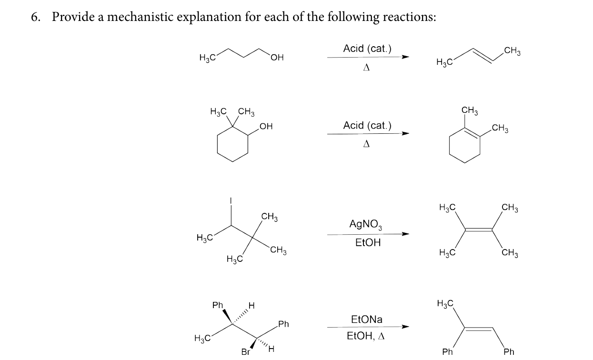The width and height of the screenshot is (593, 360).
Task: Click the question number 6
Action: [35, 17]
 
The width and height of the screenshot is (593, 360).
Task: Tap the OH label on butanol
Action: [277, 58]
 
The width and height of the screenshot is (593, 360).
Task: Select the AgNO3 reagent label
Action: [366, 224]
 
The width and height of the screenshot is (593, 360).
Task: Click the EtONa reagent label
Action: [367, 320]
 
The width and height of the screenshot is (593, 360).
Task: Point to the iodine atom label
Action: [231, 200]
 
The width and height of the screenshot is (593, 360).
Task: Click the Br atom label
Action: [246, 352]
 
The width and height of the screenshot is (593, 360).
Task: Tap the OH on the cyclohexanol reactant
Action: [266, 126]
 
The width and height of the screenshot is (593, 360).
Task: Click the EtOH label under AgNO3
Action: [368, 242]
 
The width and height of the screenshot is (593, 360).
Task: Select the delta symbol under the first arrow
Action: [366, 68]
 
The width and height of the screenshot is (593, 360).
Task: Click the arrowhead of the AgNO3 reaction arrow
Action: [405, 234]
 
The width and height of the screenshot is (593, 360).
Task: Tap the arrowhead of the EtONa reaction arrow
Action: [405, 327]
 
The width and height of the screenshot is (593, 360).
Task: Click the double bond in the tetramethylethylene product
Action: [479, 230]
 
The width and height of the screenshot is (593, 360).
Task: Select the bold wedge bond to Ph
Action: [228, 317]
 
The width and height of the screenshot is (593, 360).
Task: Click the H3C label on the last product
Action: [445, 303]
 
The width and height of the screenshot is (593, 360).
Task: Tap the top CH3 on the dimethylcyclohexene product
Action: [470, 110]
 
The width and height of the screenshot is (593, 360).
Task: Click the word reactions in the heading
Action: [409, 17]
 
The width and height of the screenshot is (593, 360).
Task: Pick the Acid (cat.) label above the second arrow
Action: [367, 125]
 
